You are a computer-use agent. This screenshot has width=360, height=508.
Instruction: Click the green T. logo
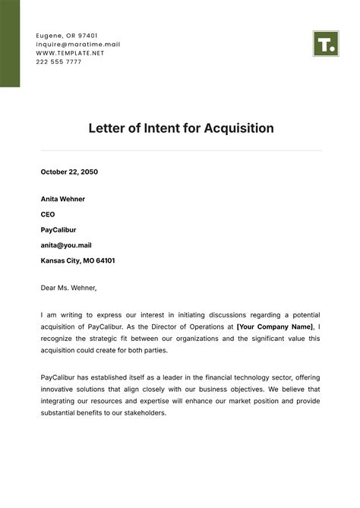pyautogui.click(x=324, y=44)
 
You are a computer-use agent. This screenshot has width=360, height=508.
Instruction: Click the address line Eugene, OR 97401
pyautogui.click(x=67, y=36)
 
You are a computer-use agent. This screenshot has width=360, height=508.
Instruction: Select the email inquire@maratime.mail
pyautogui.click(x=78, y=44)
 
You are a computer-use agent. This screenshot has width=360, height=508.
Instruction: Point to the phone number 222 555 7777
pyautogui.click(x=59, y=62)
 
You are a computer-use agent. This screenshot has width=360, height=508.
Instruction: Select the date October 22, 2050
pyautogui.click(x=69, y=172)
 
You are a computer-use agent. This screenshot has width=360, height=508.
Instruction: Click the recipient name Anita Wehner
pyautogui.click(x=63, y=199)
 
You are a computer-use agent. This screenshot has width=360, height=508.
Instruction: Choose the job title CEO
pyautogui.click(x=48, y=214)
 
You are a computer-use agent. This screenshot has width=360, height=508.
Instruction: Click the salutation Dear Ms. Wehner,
pyautogui.click(x=69, y=287)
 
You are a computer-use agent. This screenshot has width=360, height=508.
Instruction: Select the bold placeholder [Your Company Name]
pyautogui.click(x=274, y=326)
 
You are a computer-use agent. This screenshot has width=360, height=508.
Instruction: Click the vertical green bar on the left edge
pyautogui.click(x=10, y=43)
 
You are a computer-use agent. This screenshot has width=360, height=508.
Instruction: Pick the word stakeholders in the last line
pyautogui.click(x=141, y=414)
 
